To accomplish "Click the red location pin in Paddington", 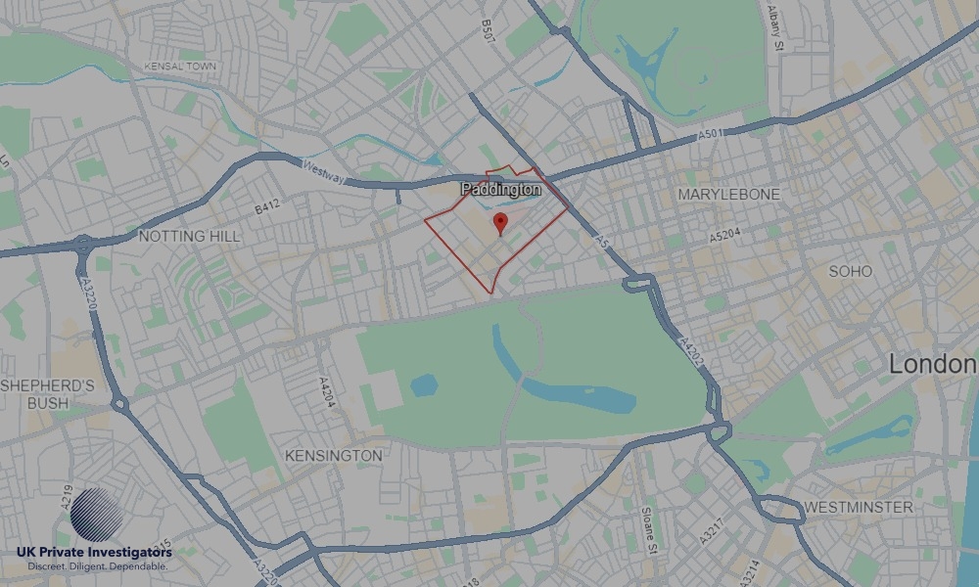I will pos(500,222).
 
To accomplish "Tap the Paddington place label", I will pos(500,188).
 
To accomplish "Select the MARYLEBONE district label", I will pos(729,195).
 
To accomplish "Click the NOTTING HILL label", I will pos(190,236).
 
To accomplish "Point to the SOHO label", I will pos(850,271).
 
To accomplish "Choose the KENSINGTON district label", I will pos(333,456).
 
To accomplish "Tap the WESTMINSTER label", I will pos(858,507).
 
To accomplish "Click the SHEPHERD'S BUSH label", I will pos(47,393).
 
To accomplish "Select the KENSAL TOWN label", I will pos(178,67).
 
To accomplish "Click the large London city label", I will pos(932,365).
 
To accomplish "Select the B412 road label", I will pos(267,207).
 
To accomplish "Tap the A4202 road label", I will pos(691,355).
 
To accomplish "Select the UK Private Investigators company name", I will pos(94,554).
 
